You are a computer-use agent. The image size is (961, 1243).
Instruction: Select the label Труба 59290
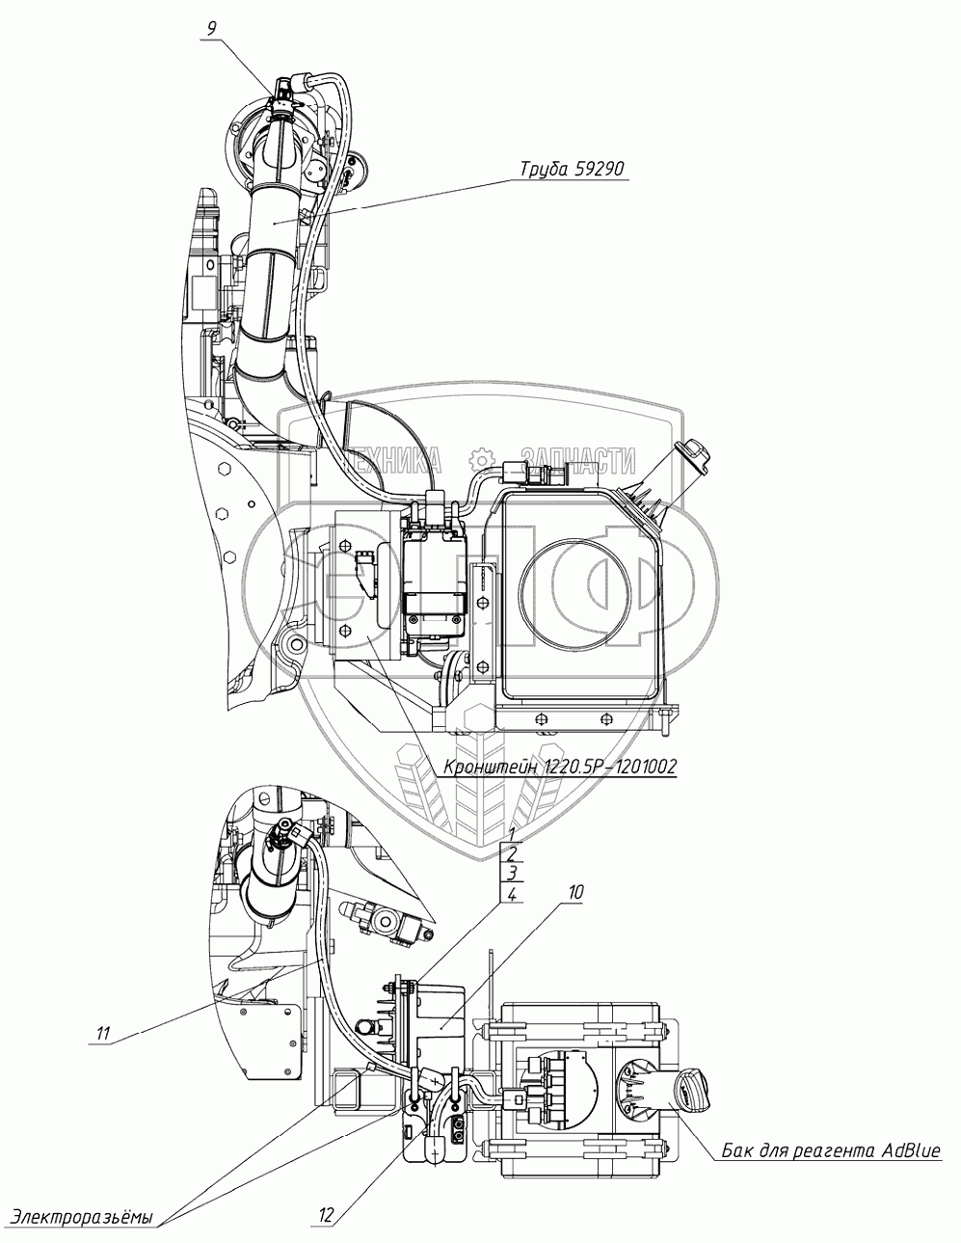coord(573,170)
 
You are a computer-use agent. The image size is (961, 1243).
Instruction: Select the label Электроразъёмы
coord(81,1216)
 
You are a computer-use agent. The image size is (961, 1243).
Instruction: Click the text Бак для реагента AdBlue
coord(829,1151)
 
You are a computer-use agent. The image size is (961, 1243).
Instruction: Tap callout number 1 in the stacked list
coord(513,834)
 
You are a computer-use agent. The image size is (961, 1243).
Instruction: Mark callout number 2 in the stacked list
coord(513,853)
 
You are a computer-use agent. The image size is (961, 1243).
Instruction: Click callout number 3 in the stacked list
coord(513,874)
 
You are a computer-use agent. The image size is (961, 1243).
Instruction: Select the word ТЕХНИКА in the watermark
coord(391,460)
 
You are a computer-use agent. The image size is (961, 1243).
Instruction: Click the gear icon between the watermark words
coord(481,460)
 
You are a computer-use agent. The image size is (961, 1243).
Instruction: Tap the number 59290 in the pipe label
coord(602,170)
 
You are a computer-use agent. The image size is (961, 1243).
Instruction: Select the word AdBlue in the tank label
coord(906,1151)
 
